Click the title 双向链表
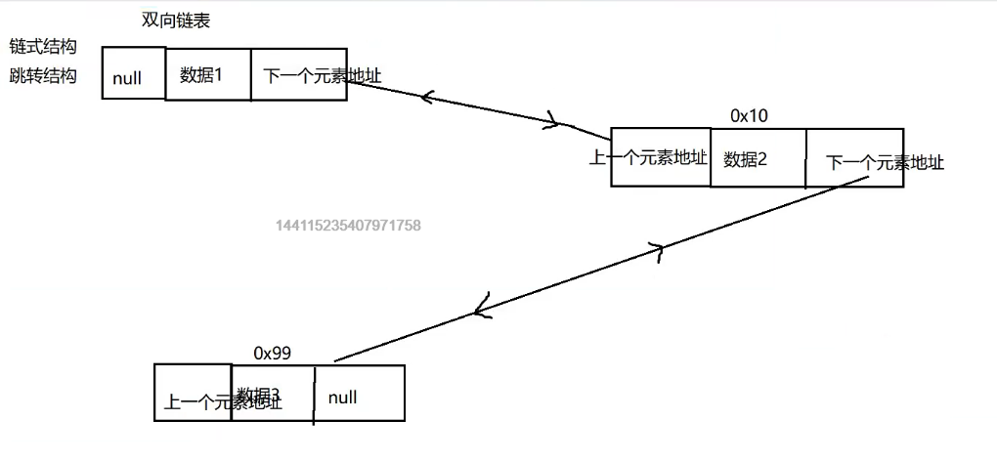(x=175, y=21)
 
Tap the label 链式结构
(x=43, y=47)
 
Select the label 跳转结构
(x=43, y=75)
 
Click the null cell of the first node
(x=128, y=78)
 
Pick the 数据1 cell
(x=202, y=73)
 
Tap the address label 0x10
(x=750, y=115)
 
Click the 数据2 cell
(x=746, y=159)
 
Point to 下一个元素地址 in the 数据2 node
(x=885, y=162)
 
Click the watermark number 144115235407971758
(x=349, y=226)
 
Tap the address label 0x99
(x=272, y=353)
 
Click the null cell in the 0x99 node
(x=343, y=398)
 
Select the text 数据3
(x=258, y=394)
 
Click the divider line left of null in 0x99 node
(x=314, y=395)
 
